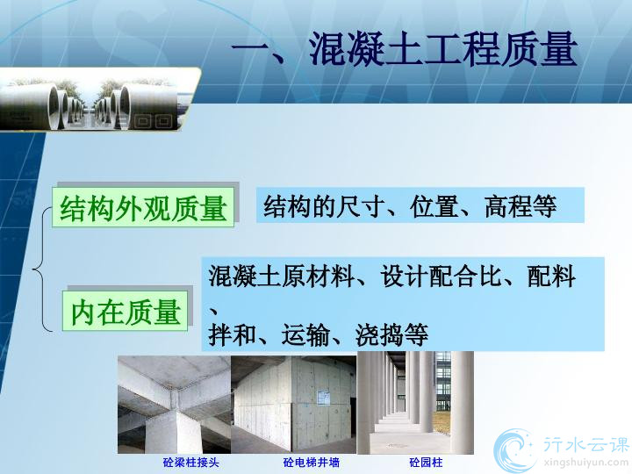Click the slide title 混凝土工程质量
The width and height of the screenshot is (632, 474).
tap(443, 49)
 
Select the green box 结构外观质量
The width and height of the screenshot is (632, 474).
tap(143, 207)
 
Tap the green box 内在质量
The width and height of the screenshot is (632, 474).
tap(125, 311)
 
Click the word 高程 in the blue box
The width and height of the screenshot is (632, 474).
tap(508, 206)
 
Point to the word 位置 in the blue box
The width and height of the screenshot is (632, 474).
tap(434, 206)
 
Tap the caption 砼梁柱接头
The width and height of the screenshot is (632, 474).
tap(191, 462)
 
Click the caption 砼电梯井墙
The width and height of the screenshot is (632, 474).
tap(311, 462)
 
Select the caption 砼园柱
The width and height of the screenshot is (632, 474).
tap(426, 462)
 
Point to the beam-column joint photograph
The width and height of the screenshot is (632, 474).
tap(174, 405)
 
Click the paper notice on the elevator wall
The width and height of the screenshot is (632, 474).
tap(323, 398)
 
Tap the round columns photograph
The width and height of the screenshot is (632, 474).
tap(415, 403)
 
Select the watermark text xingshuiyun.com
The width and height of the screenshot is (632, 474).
tap(585, 461)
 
